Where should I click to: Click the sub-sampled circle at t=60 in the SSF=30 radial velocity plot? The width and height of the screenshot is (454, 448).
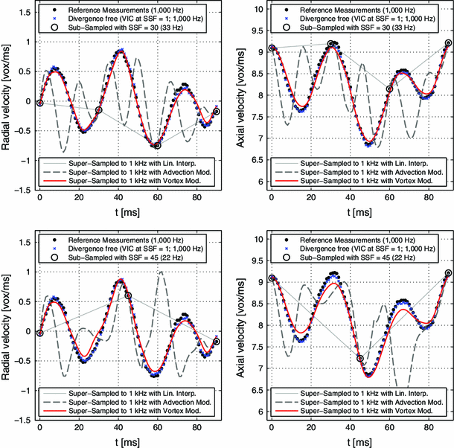tap(157, 146)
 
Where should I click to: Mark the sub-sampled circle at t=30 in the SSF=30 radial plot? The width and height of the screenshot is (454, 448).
tap(98, 110)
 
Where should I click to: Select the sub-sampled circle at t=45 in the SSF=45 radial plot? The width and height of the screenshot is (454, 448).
tap(128, 295)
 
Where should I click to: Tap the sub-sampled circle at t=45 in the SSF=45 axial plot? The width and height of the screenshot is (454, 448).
tap(360, 358)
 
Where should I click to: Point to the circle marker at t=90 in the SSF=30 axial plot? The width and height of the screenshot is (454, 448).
tap(449, 43)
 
